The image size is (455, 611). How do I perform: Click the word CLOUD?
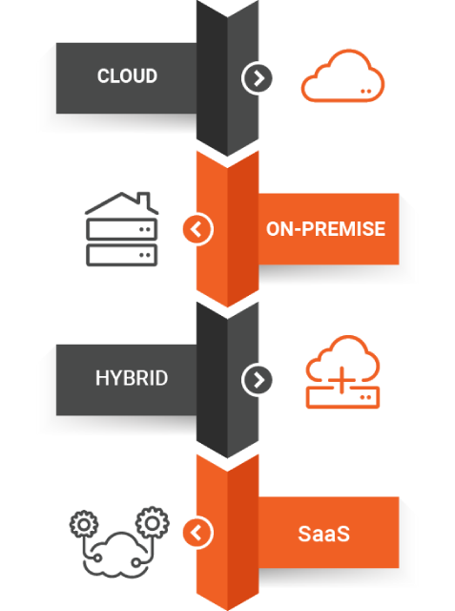(127, 76)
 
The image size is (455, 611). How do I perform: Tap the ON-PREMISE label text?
(326, 229)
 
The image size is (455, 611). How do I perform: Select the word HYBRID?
(132, 378)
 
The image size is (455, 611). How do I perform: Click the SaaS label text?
(323, 534)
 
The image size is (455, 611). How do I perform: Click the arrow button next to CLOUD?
(257, 78)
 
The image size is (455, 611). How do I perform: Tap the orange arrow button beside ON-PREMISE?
(198, 229)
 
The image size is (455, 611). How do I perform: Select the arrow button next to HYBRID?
(257, 380)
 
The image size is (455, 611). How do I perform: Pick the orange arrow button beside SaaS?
(198, 533)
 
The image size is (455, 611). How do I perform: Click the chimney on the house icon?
(144, 200)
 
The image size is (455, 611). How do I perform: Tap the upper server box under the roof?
(122, 229)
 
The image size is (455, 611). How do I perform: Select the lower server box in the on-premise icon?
(122, 255)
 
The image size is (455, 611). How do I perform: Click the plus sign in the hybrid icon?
(341, 380)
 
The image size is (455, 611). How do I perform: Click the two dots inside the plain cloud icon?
(366, 92)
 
